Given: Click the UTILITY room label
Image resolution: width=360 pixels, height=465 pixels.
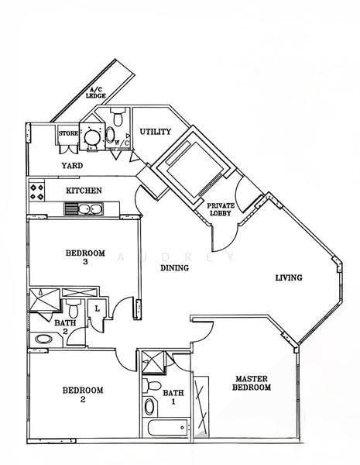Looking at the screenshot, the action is [156, 132].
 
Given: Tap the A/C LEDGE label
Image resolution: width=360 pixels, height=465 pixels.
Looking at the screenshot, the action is [96, 93].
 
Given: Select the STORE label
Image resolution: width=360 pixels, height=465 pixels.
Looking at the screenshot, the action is [68, 133].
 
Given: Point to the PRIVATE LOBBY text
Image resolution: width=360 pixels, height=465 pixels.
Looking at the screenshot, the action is [221, 209].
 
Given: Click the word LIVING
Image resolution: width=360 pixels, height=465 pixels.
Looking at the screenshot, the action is [289, 277].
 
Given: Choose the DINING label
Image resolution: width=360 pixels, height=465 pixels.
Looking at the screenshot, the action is [174, 268].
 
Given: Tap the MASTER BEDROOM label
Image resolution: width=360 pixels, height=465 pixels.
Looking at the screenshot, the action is [252, 383].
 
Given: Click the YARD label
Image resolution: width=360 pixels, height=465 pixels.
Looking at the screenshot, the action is [72, 165].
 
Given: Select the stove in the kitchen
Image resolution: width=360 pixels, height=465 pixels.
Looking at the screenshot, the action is [36, 191].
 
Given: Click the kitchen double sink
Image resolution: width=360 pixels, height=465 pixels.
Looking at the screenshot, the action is [84, 208].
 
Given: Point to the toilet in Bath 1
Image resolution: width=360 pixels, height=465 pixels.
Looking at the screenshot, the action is [152, 385].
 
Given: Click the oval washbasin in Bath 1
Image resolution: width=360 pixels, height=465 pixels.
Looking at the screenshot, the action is [149, 407].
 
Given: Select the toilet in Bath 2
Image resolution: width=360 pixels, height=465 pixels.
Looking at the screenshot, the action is [73, 308].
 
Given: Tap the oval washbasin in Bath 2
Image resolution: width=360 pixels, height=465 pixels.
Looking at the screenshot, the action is [43, 339].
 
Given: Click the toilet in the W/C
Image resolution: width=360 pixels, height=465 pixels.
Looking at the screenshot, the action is [118, 116].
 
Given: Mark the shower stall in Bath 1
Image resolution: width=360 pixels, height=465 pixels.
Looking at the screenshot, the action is [153, 361].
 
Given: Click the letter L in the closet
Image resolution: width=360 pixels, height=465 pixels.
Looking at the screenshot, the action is [98, 308].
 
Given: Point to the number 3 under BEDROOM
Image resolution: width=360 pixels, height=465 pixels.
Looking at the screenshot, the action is [85, 262].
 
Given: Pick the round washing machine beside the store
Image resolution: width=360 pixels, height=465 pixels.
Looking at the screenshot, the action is [92, 137].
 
